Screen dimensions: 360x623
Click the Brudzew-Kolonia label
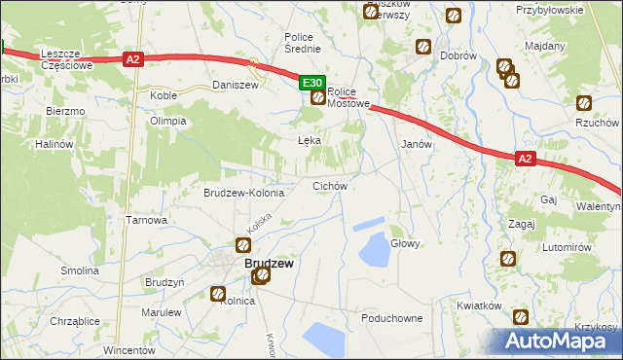tap(243, 193)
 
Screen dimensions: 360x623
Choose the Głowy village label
tap(405, 243)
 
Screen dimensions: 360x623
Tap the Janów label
tap(418, 143)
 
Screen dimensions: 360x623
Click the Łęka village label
tap(309, 140)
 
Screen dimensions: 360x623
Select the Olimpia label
tap(167, 121)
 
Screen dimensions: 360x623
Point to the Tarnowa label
tap(147, 220)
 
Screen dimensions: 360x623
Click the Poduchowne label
tap(391, 318)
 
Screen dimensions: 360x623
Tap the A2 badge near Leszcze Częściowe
tap(134, 59)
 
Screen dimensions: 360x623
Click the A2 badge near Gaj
tap(525, 159)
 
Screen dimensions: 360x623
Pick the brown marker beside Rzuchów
tap(584, 103)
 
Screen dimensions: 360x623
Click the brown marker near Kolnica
tap(219, 292)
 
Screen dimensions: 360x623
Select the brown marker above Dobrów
tap(423, 46)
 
